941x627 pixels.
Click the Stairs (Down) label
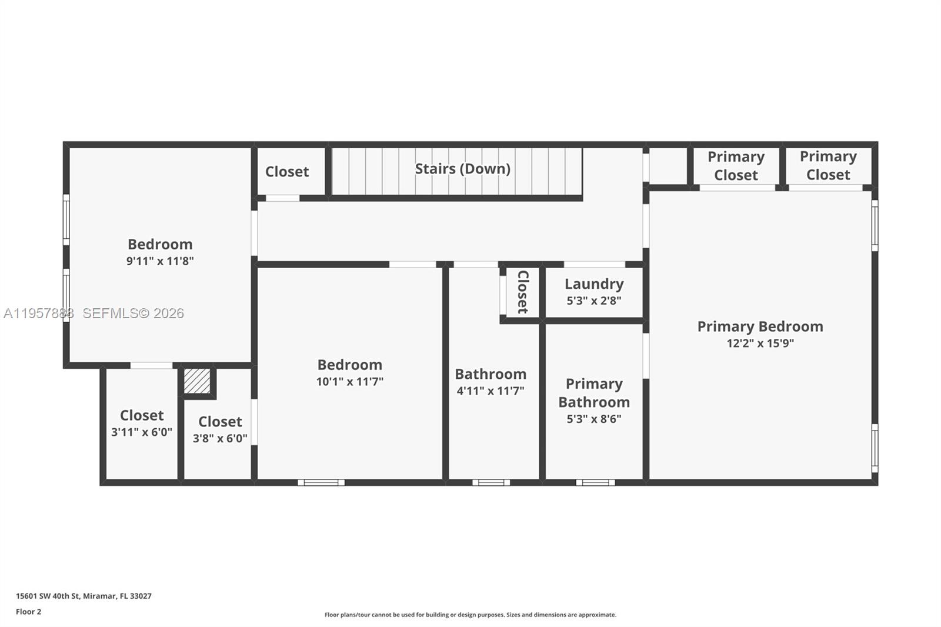(x=462, y=169)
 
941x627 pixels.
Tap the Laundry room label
(x=594, y=284)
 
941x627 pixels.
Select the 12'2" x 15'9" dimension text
(x=760, y=343)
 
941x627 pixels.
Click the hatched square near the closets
(x=197, y=381)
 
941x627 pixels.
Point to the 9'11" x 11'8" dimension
(x=160, y=261)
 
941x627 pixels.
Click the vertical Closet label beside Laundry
(x=522, y=292)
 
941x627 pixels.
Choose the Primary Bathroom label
(x=594, y=393)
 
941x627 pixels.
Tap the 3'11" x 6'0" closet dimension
(x=142, y=432)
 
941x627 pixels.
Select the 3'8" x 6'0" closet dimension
(x=220, y=439)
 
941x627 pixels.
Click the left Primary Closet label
(x=736, y=166)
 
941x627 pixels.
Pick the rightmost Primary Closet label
(x=828, y=165)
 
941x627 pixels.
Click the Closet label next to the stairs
(x=287, y=172)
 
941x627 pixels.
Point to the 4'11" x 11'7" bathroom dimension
(x=490, y=391)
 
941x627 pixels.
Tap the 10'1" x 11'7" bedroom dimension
(x=350, y=382)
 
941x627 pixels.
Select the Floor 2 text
(x=28, y=612)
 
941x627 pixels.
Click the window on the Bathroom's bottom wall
(x=491, y=483)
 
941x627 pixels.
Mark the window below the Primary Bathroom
(x=595, y=483)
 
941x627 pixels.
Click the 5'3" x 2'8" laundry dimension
(x=594, y=301)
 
